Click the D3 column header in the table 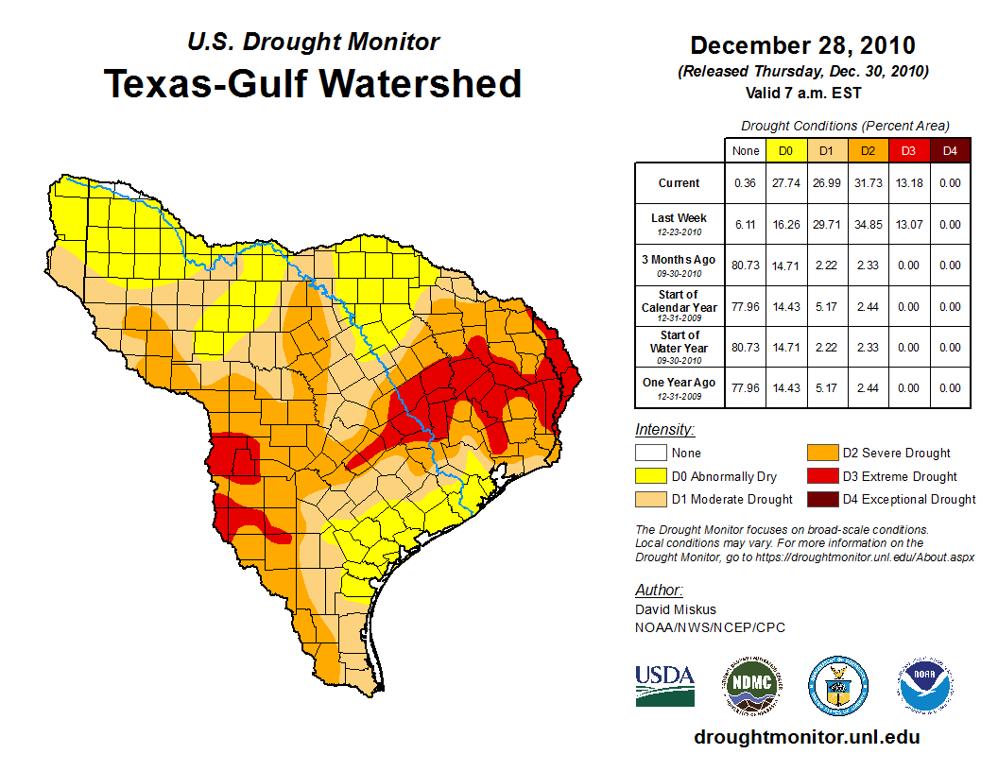907,150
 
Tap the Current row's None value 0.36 745,183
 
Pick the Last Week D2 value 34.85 867,225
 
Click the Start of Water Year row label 680,347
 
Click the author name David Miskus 675,609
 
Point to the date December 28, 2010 802,45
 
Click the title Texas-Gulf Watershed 312,83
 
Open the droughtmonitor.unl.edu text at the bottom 806,737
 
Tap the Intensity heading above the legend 664,430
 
